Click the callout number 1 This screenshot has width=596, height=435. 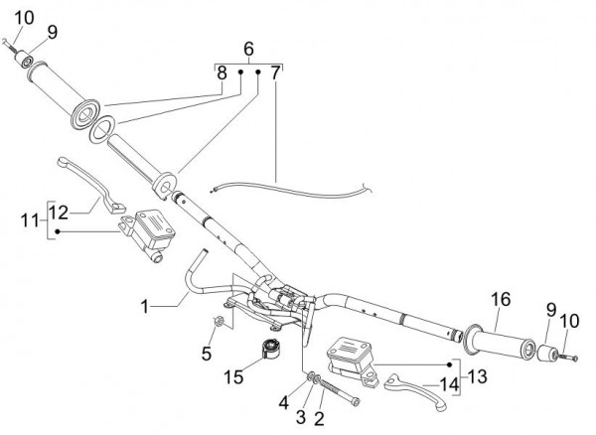tap(145, 307)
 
